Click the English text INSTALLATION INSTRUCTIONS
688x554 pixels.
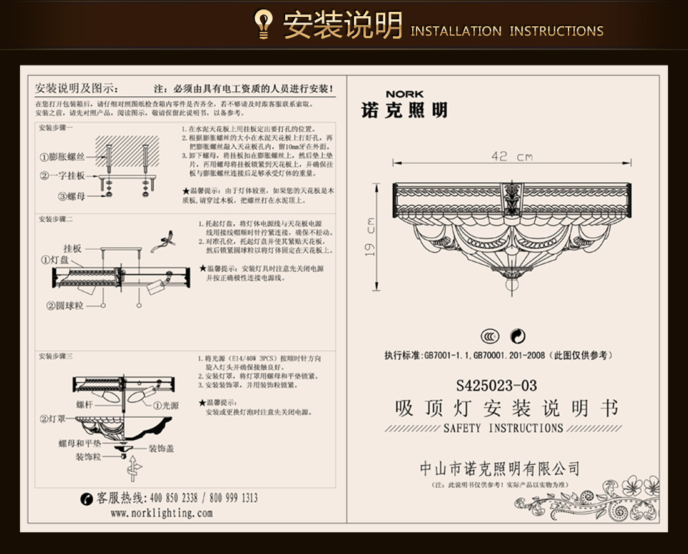(507, 31)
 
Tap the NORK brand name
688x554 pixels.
(404, 94)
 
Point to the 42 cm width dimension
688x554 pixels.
(512, 156)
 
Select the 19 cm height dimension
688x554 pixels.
(370, 238)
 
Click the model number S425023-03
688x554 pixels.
(497, 385)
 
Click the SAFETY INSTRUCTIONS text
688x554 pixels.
(503, 428)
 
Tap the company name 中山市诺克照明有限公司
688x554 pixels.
(500, 468)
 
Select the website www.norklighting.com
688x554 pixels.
(161, 513)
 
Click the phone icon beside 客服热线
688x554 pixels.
(87, 498)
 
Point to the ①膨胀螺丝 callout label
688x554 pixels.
(67, 157)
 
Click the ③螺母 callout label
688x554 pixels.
(72, 196)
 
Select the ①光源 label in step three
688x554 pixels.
(166, 405)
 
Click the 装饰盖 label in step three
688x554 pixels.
(161, 448)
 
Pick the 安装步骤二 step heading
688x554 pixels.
(56, 220)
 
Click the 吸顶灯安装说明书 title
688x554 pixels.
(507, 408)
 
